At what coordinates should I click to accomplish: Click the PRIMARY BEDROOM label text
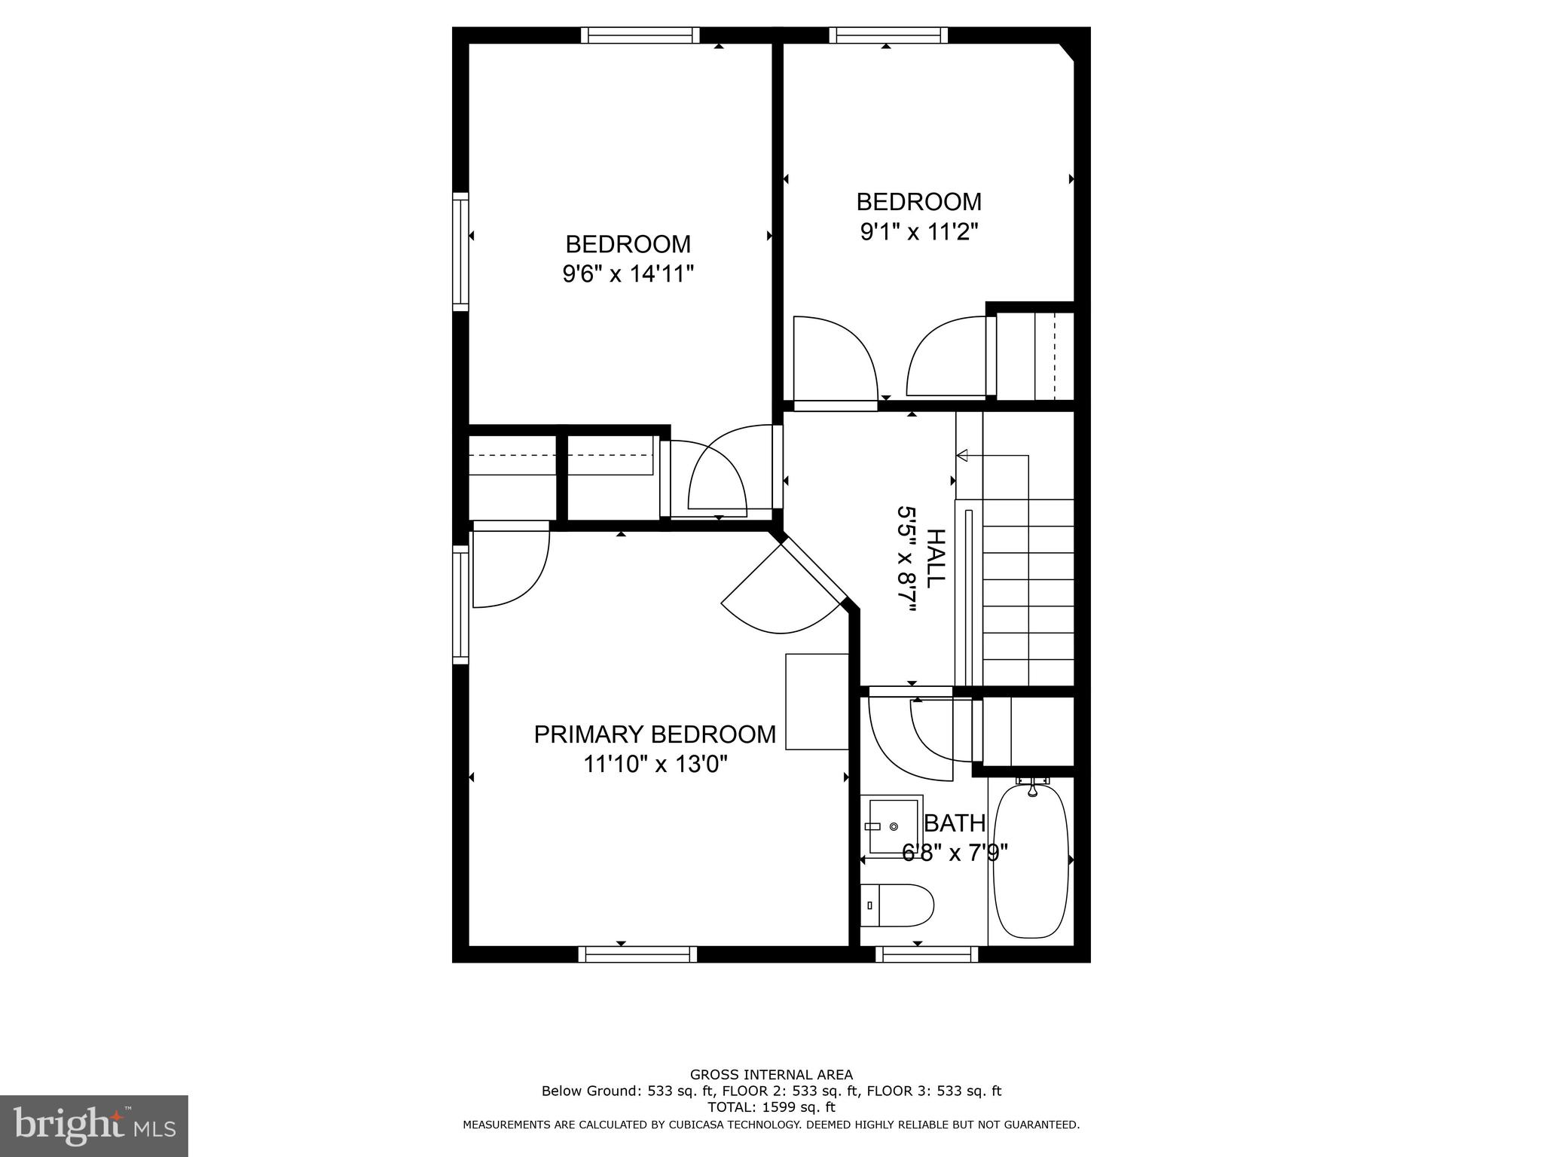point(655,734)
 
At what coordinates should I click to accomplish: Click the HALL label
point(934,558)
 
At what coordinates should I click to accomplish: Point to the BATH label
point(955,823)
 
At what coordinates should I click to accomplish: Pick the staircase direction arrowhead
point(962,455)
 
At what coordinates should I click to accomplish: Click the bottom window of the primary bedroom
point(637,954)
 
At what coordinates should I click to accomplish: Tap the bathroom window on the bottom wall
point(927,954)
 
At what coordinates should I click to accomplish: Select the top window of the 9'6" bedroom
point(640,35)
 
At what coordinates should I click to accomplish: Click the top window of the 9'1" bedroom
point(888,35)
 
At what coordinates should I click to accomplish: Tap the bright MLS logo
point(94,1126)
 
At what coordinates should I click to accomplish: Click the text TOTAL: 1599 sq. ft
point(771,1107)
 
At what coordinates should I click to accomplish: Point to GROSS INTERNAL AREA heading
point(771,1075)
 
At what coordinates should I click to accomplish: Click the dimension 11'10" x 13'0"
point(655,765)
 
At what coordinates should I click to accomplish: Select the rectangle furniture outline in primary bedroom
point(817,701)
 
